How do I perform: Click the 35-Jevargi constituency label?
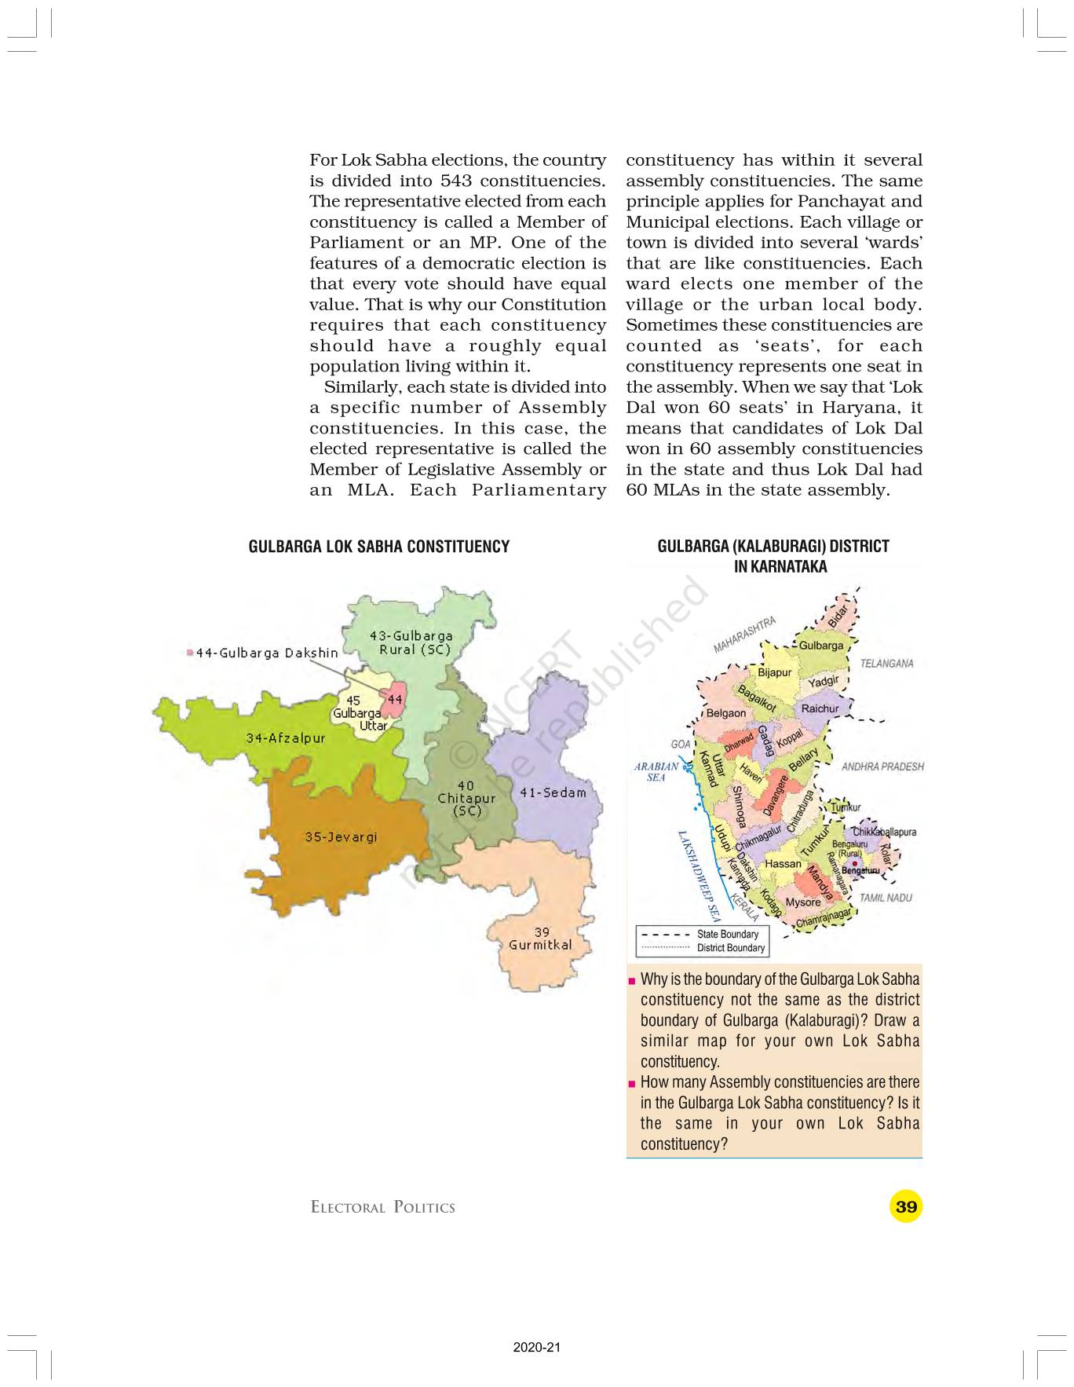[x=341, y=836]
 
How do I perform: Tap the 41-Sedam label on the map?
[x=553, y=792]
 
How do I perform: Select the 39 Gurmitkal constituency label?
[x=540, y=939]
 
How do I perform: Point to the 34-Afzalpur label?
[x=285, y=737]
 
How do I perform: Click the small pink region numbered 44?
[x=394, y=699]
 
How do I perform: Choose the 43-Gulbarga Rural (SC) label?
[x=411, y=642]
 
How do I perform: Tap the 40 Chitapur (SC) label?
[x=466, y=798]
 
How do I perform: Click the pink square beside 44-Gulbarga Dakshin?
[x=190, y=653]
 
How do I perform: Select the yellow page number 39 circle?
[x=905, y=1206]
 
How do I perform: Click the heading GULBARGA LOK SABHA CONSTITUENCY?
[x=378, y=547]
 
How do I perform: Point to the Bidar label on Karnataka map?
[x=838, y=615]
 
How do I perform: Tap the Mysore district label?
[x=802, y=902]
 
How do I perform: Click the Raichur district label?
[x=820, y=708]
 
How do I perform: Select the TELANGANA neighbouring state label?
[x=886, y=663]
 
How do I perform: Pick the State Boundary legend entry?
[x=727, y=934]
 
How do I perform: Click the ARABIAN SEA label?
[x=656, y=771]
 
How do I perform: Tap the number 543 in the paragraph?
[x=456, y=181]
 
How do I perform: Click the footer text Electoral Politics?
[x=382, y=1207]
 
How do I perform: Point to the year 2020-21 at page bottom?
[x=537, y=1348]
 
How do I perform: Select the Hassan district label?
[x=783, y=863]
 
